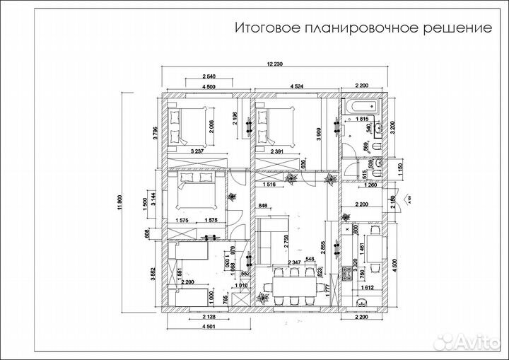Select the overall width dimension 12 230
coord(275,64)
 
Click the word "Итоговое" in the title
coord(266,28)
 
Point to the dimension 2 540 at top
coord(209,76)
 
